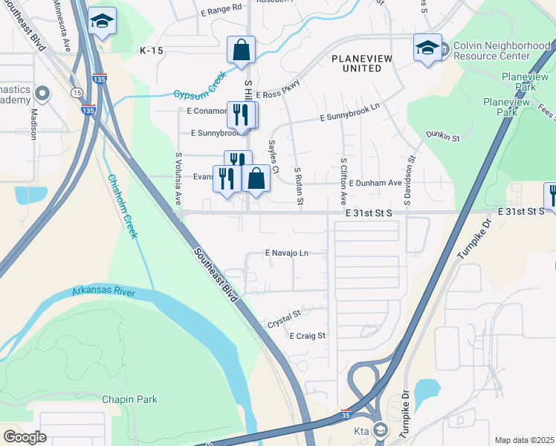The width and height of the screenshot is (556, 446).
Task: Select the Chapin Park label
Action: coord(130,399)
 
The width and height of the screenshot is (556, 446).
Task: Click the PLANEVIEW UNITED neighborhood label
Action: coord(356,63)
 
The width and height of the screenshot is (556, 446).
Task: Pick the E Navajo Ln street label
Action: coord(286,253)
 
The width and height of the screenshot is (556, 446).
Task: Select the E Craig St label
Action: coord(308,336)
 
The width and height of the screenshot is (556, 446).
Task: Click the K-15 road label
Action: coord(150,51)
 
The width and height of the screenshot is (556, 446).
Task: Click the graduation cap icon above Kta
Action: coord(381,430)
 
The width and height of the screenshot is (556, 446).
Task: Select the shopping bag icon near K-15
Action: coord(242,51)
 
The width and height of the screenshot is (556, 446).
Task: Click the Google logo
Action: coord(25,437)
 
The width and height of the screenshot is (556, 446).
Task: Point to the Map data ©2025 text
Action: coord(524,440)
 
